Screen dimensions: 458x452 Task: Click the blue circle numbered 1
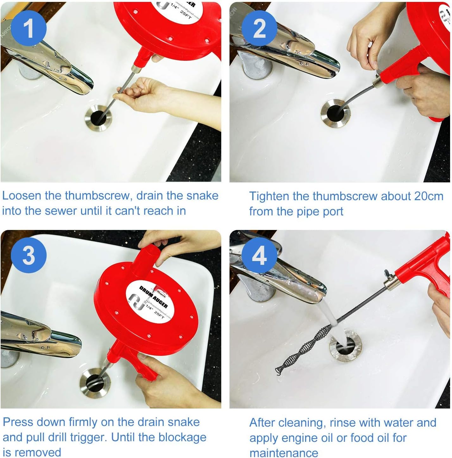tap(28, 29)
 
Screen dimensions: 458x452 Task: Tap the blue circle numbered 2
tap(260, 29)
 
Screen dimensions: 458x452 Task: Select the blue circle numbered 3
tap(28, 255)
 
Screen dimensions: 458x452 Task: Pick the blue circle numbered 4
tap(259, 255)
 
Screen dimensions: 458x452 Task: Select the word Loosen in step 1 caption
tap(22, 196)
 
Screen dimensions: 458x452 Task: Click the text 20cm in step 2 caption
tap(429, 196)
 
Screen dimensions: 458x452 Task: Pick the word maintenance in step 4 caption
tap(284, 453)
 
